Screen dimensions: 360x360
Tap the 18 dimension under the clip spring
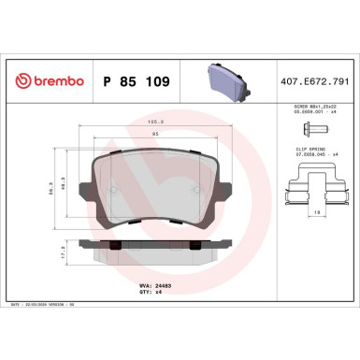[x=318, y=213]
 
